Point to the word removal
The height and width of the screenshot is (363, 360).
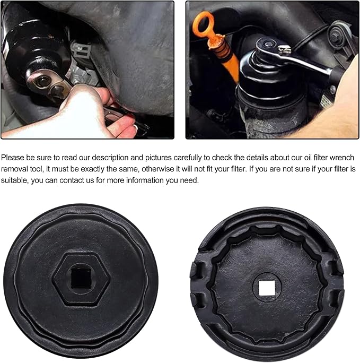click(x=15, y=170)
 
